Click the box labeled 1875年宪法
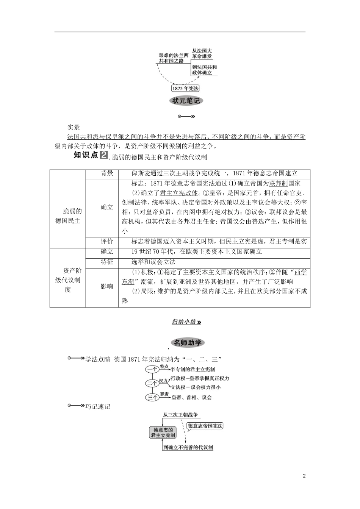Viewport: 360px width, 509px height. point(185,88)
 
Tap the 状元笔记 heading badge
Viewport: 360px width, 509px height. point(186,101)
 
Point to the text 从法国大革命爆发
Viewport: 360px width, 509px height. point(202,53)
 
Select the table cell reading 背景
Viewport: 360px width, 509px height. point(107,173)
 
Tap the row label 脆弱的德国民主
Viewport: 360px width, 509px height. point(67,216)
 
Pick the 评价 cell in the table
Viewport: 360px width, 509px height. point(107,242)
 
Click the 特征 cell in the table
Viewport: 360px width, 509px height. point(107,262)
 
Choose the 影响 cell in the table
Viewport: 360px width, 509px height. point(107,286)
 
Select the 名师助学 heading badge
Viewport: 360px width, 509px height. point(188,343)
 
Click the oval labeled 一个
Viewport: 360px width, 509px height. point(152,369)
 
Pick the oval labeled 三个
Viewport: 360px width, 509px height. point(152,397)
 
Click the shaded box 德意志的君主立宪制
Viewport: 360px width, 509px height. point(163,432)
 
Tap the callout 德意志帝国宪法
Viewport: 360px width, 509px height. point(205,426)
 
